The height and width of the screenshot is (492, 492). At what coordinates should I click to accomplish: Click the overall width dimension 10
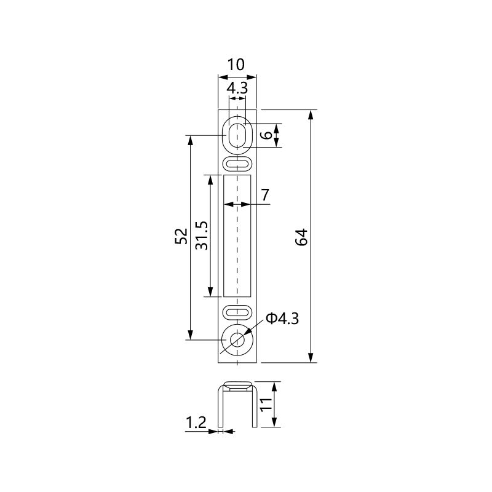click(236, 65)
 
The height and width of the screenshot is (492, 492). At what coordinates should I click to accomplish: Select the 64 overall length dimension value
click(301, 237)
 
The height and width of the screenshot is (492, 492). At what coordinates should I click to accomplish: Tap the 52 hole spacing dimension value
click(181, 236)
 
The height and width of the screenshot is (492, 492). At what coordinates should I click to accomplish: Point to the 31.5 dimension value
click(202, 236)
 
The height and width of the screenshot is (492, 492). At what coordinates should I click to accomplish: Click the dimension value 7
click(265, 195)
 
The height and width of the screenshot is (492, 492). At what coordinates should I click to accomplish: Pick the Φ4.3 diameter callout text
click(282, 319)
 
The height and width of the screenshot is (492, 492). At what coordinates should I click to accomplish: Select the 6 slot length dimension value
click(267, 135)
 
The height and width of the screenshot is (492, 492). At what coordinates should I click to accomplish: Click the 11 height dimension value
click(266, 404)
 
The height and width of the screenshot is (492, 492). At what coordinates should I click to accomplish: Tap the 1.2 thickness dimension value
click(196, 423)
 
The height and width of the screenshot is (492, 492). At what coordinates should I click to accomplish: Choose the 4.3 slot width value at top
click(237, 88)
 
